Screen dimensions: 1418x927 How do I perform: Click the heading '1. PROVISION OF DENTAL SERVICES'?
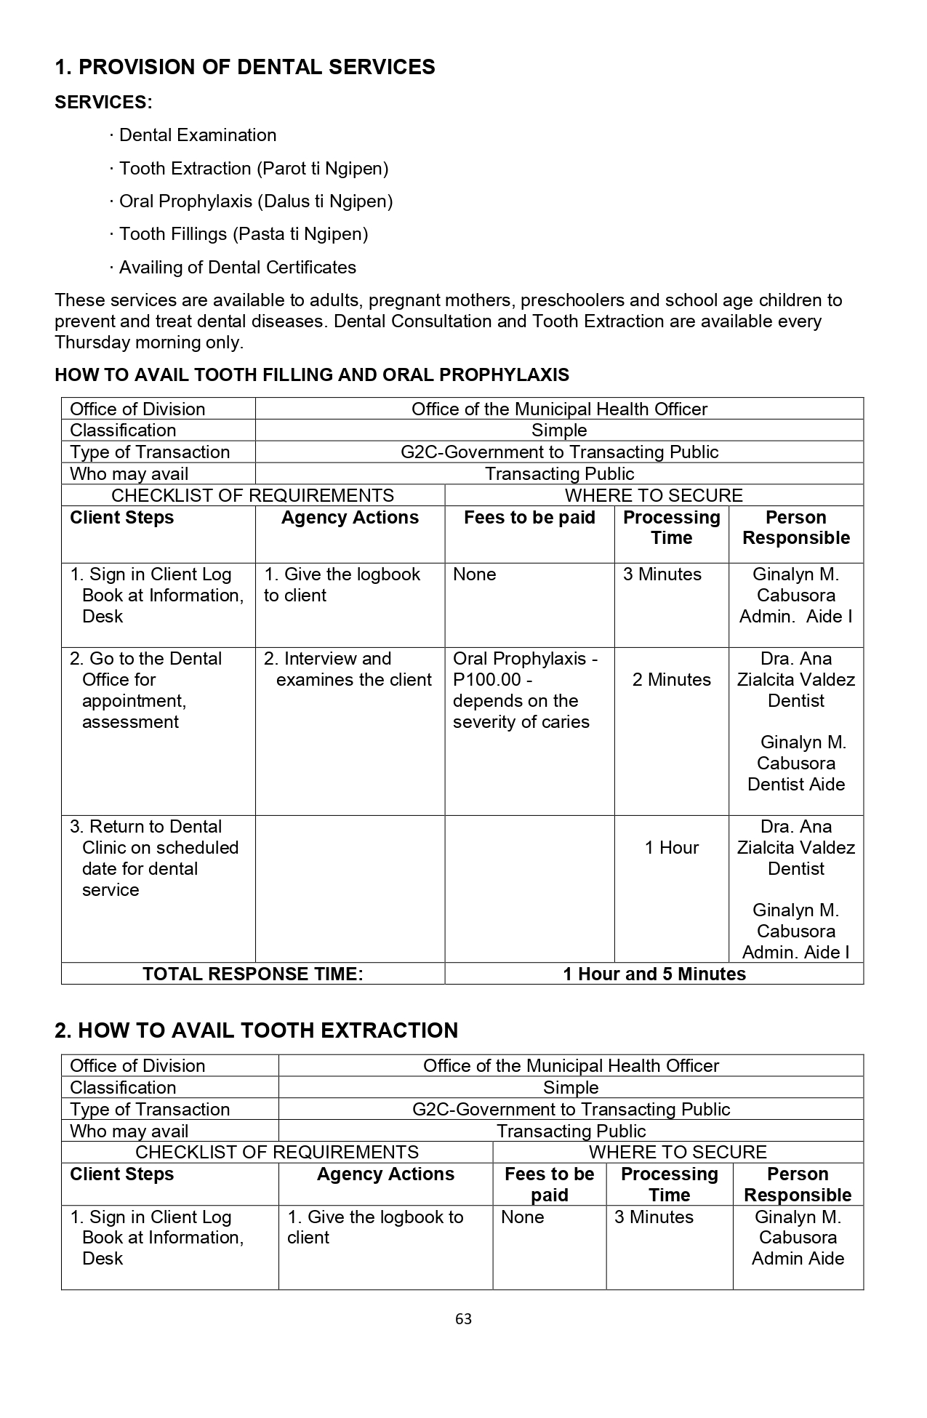tap(245, 67)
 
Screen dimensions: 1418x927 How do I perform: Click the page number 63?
tap(463, 1319)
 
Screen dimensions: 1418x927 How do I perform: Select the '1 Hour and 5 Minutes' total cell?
tap(654, 974)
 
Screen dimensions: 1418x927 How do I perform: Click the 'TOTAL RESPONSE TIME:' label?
tap(252, 974)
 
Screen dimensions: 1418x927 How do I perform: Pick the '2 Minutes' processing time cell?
tap(671, 680)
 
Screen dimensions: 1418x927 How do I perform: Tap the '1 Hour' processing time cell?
tap(671, 848)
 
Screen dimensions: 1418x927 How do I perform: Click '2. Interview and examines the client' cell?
tap(348, 669)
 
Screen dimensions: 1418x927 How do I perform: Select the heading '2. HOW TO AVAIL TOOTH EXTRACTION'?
tap(257, 1030)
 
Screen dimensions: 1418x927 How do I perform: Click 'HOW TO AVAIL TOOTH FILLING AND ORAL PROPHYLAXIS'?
tap(312, 375)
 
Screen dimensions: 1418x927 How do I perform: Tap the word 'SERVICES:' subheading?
tap(103, 103)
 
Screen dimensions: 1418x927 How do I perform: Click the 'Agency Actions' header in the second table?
tap(385, 1174)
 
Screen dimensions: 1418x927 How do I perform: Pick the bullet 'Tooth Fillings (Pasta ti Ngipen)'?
tap(243, 234)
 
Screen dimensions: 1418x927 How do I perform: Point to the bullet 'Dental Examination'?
tap(197, 135)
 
